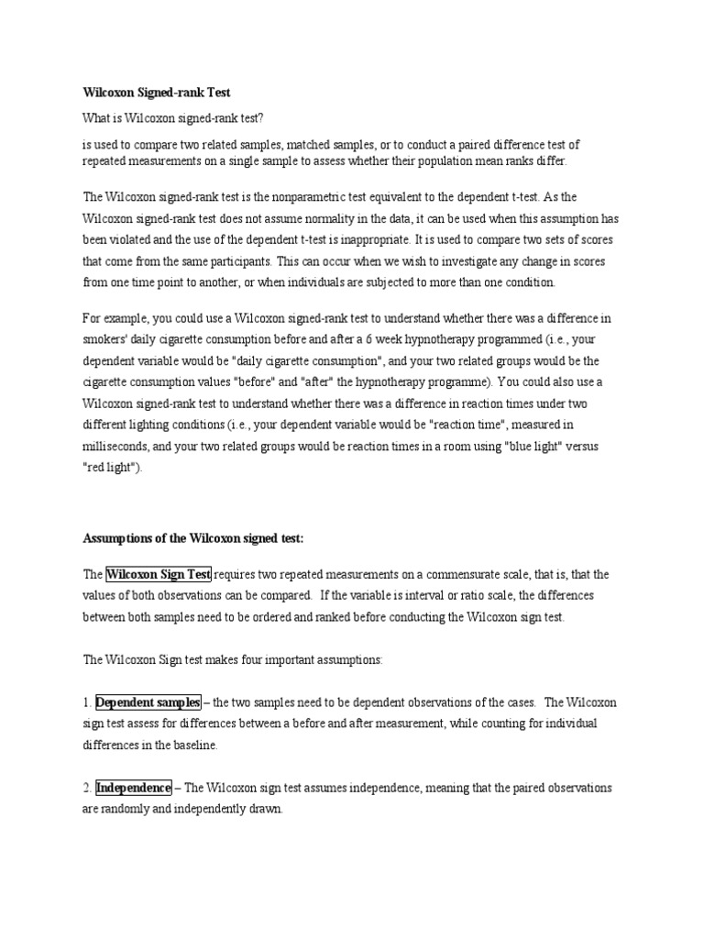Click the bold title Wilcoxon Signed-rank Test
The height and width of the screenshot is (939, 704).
[157, 93]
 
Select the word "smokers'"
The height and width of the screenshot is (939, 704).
[106, 338]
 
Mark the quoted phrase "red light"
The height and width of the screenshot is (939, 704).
[112, 467]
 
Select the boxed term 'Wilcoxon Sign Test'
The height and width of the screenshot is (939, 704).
[159, 575]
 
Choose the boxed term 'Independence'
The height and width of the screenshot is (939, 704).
[134, 788]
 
